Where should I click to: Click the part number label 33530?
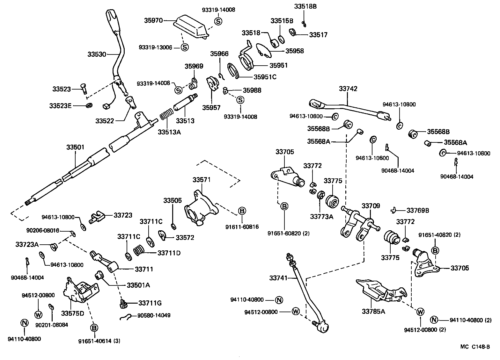coord(97,54)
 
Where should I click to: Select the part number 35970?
coord(153,21)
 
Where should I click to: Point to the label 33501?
coord(75,147)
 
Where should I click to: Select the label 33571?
coord(202,180)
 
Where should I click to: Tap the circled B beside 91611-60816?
coord(242,211)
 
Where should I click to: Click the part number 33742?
coord(348,89)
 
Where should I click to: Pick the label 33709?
coord(371,206)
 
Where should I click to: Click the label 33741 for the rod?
coord(278,278)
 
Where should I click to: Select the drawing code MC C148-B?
coord(474,347)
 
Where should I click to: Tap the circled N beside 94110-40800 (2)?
coord(434,320)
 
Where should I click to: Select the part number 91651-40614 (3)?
coord(99,341)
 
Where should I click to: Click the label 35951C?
coord(265,77)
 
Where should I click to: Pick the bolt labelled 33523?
coord(84,88)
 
